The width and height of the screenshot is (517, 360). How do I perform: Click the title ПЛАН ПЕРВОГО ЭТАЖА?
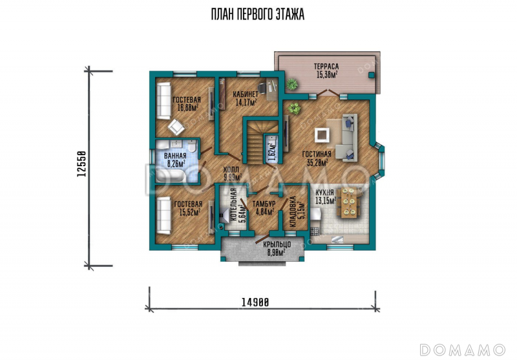(257, 14)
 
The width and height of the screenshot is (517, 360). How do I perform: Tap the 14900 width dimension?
(255, 302)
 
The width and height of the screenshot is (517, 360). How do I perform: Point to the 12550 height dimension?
(81, 164)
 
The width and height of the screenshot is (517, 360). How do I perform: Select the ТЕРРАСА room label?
(326, 67)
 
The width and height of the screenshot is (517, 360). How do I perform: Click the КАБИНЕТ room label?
(246, 95)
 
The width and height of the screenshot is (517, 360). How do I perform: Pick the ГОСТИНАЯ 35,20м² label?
(317, 158)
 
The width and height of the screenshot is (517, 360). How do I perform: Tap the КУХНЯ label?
(324, 193)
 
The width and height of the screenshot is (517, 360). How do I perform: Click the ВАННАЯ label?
(175, 156)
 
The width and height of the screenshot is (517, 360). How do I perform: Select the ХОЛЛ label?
(231, 170)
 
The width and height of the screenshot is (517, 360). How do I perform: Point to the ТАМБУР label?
(264, 204)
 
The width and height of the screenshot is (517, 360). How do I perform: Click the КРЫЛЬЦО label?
(277, 245)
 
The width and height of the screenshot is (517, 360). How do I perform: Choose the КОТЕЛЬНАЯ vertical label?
(233, 205)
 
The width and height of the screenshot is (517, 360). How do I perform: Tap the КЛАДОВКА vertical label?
(293, 212)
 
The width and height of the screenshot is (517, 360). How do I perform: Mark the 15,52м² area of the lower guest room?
(189, 212)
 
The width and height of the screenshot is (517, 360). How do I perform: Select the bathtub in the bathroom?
(172, 175)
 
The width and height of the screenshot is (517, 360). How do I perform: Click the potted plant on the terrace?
(292, 84)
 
